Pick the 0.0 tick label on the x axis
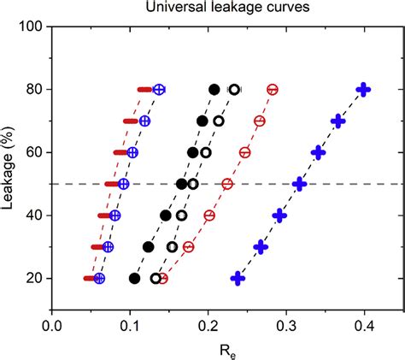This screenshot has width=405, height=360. click(x=52, y=326)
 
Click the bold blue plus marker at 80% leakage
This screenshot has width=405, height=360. click(x=363, y=89)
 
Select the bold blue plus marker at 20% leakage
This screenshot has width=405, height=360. click(x=238, y=278)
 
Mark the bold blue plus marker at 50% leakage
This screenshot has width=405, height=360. click(x=299, y=184)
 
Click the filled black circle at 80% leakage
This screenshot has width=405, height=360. click(x=214, y=89)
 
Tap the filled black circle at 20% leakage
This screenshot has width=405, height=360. click(x=134, y=278)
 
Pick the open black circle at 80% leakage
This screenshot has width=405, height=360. click(x=234, y=89)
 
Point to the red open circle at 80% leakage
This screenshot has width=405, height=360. click(x=273, y=89)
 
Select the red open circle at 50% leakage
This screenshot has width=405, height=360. click(x=227, y=184)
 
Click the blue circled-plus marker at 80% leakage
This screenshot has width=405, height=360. click(x=159, y=89)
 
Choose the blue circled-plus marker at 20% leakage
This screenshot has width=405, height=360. click(x=99, y=278)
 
